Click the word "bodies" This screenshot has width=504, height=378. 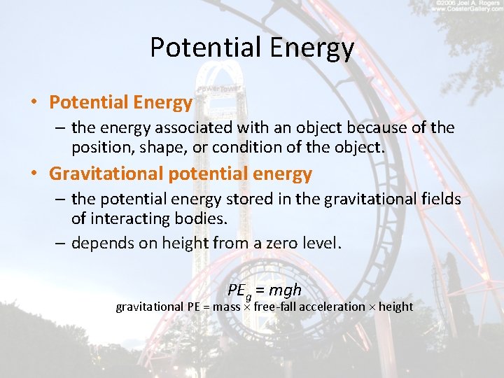(x=206, y=219)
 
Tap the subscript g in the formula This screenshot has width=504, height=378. (x=248, y=295)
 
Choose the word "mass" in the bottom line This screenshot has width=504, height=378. (x=227, y=307)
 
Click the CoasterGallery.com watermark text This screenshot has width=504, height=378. (x=468, y=9)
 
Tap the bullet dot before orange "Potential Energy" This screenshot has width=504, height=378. (x=33, y=103)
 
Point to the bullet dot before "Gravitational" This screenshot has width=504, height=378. (x=33, y=173)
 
